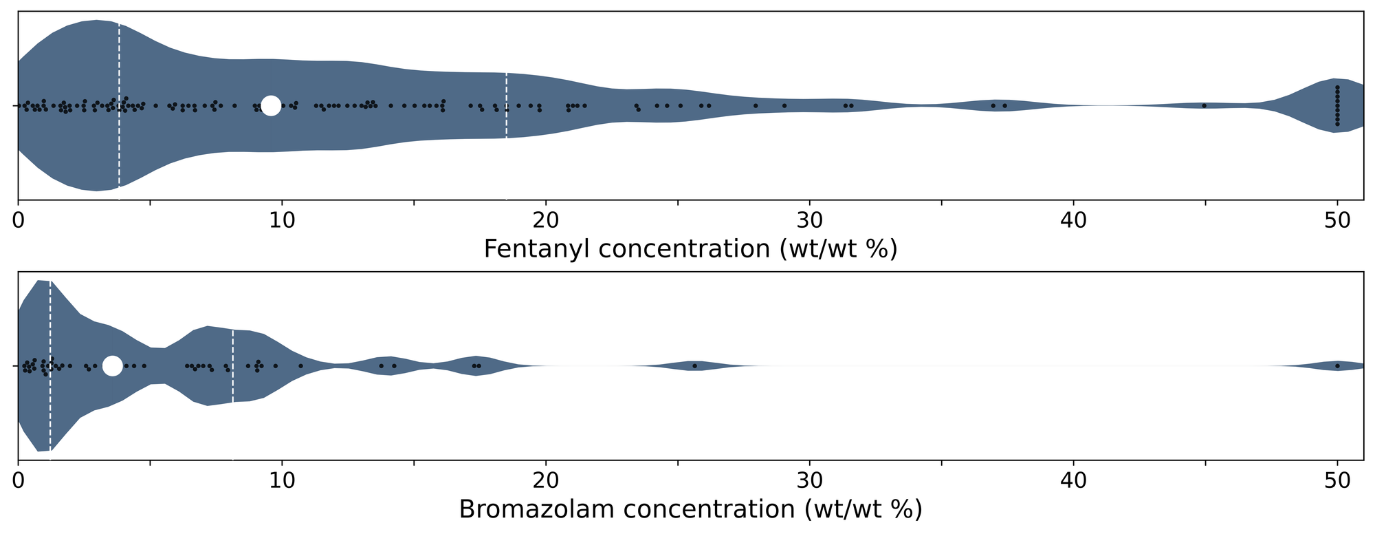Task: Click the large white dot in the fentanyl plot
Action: coord(271,105)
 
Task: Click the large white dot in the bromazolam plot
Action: coord(113,366)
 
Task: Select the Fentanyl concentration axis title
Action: coord(690,248)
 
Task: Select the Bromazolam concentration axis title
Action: coord(690,509)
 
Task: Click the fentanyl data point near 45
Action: coord(1204,105)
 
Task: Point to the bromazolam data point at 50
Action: coord(1337,366)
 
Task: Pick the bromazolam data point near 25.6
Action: coord(694,366)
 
